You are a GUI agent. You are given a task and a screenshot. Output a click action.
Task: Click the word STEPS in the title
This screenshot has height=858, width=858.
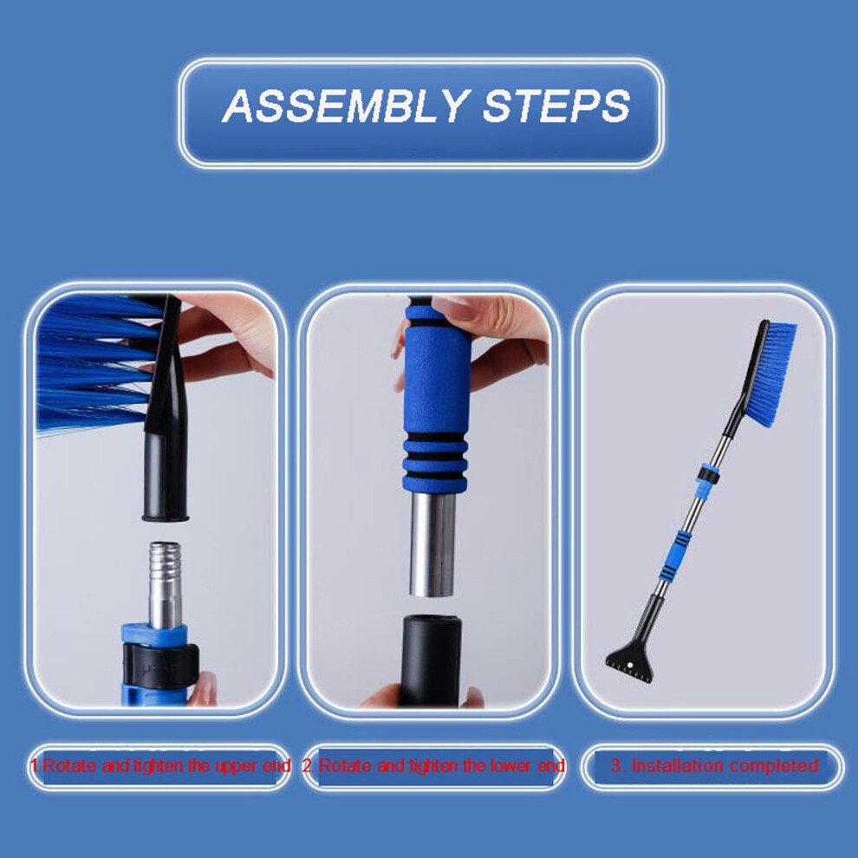click(556, 105)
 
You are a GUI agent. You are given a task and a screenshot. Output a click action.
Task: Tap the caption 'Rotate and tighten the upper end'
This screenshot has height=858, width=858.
click(166, 765)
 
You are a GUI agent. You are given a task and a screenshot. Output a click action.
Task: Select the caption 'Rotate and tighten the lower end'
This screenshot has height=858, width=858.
click(441, 765)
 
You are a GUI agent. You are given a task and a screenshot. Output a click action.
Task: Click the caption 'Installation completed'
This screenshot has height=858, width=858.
click(725, 765)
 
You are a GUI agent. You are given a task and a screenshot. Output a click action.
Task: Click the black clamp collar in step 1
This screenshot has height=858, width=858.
click(160, 663)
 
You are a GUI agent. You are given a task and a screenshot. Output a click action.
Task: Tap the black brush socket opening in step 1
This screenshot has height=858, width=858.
click(166, 516)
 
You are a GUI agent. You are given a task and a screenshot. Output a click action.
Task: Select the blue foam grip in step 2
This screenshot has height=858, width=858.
click(436, 395)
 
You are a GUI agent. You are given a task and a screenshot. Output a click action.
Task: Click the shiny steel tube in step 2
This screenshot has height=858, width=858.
click(432, 544)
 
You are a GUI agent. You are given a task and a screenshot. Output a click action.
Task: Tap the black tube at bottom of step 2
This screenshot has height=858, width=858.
click(430, 660)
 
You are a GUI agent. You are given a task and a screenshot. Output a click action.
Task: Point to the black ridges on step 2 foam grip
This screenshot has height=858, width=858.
click(436, 454)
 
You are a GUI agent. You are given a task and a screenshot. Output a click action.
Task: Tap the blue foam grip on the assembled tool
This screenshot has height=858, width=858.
click(674, 556)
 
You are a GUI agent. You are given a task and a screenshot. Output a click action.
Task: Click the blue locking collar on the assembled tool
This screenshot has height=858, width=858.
click(707, 474)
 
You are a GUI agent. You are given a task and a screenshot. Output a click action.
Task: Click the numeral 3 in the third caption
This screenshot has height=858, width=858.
click(616, 765)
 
